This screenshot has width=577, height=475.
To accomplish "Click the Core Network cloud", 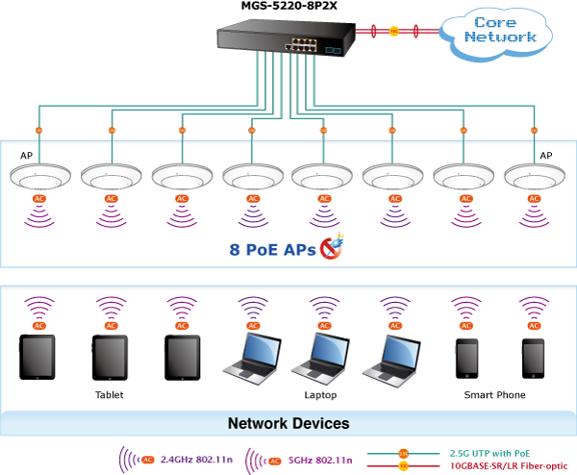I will point(499,30).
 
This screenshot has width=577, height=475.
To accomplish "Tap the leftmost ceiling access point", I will point(39,178).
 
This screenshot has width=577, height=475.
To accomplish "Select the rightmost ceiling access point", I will point(535,178).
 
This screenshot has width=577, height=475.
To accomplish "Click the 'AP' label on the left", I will point(27,155).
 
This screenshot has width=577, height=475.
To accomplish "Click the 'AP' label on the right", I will point(546,155).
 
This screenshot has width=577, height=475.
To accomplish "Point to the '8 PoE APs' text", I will point(272,249).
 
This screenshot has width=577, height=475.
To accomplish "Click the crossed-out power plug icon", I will point(332,247).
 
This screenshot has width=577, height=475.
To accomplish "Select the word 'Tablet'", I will point(109,395).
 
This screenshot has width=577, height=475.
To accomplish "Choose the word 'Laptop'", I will point(320,395).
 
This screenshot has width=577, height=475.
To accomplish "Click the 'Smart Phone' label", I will point(494,395).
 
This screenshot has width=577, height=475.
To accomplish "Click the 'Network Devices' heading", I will point(288,424).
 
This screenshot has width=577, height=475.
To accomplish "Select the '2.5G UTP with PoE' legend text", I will point(489,452).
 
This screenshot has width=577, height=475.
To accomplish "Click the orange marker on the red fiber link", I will point(393,32).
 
